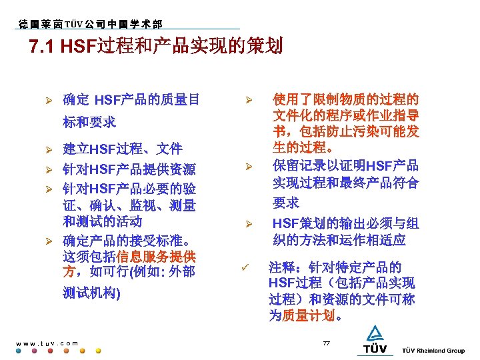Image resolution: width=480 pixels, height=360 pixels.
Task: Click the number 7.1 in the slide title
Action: (x=43, y=47)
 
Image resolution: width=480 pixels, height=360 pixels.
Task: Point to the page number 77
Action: (x=326, y=343)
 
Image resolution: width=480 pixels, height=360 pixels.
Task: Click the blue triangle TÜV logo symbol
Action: (x=373, y=333)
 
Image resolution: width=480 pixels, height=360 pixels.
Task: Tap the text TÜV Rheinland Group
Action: (x=433, y=351)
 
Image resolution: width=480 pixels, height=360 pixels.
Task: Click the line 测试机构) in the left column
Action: (x=91, y=293)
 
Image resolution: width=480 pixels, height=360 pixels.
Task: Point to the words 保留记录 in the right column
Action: (x=297, y=165)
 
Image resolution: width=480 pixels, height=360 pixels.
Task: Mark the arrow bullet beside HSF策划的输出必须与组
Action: (x=247, y=224)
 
